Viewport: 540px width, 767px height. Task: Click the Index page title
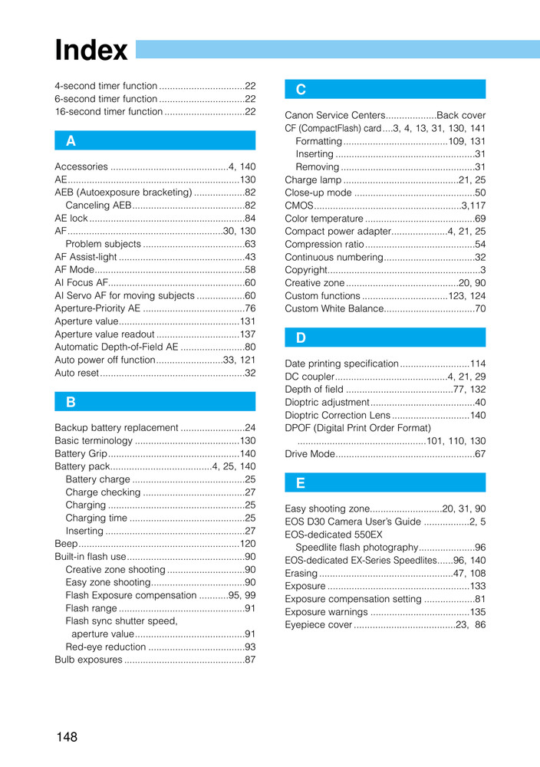(91, 51)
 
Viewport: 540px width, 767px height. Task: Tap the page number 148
(67, 737)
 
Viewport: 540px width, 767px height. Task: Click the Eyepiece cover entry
(318, 625)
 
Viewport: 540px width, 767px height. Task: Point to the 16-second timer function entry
(108, 111)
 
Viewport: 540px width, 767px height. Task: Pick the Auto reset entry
(77, 373)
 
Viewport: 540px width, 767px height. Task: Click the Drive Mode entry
(310, 454)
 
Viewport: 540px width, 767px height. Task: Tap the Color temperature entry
(324, 219)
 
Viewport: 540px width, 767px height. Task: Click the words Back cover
(461, 115)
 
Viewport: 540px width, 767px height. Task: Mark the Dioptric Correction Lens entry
(337, 415)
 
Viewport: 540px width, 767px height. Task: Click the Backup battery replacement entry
(116, 427)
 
